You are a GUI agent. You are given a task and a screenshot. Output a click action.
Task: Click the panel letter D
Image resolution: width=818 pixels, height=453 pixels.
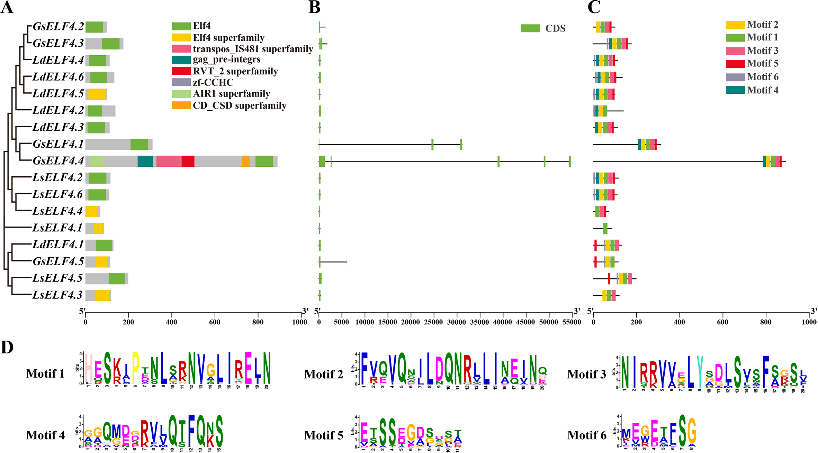(x=7, y=347)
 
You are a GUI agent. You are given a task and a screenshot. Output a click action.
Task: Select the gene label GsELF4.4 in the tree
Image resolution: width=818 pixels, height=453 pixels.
(x=58, y=161)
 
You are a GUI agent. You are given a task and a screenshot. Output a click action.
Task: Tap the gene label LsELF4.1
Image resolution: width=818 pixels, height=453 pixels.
(x=57, y=228)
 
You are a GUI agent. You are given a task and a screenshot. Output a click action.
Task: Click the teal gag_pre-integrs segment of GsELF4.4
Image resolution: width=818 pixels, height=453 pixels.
(x=145, y=161)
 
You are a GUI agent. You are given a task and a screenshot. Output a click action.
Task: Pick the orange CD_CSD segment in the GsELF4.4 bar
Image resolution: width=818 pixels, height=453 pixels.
(x=246, y=161)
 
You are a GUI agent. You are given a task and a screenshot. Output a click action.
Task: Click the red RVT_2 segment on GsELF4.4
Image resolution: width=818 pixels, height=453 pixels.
(x=188, y=161)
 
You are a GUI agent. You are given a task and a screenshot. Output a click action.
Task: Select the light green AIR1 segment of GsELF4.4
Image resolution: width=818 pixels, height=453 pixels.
(x=97, y=161)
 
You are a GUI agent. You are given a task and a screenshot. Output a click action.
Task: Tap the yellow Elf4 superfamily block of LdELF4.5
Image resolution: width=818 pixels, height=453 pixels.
(x=97, y=94)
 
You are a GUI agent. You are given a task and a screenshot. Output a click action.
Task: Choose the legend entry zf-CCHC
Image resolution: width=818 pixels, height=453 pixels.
(x=213, y=82)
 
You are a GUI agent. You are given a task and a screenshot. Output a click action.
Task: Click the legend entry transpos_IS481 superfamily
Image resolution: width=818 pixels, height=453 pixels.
(x=253, y=49)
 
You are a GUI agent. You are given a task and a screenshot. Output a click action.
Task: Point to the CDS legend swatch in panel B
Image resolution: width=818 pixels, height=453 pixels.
(x=530, y=28)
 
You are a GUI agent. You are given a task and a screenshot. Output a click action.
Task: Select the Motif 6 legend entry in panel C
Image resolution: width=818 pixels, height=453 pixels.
(x=763, y=77)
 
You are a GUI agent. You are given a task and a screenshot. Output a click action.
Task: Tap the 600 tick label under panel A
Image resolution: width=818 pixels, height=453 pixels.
(x=215, y=322)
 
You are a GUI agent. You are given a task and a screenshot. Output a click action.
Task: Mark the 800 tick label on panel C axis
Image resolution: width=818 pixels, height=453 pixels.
(x=766, y=322)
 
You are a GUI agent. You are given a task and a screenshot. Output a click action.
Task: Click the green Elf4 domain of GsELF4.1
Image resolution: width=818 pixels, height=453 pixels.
(x=139, y=144)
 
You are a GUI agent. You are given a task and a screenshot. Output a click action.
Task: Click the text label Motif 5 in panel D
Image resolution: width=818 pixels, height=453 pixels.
(x=324, y=435)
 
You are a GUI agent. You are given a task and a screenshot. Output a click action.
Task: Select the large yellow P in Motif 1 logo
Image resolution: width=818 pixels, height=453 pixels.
(x=135, y=368)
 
